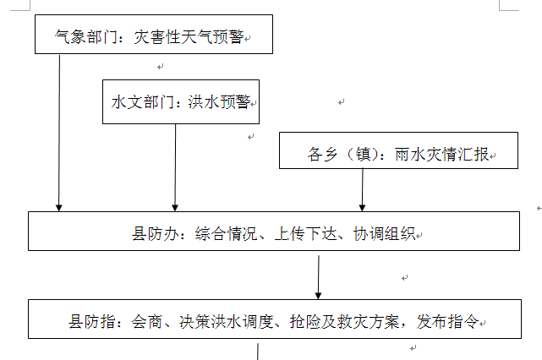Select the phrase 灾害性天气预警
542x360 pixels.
coord(189,36)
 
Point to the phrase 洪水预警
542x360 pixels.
coord(219,102)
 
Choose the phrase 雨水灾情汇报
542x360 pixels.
coord(441,154)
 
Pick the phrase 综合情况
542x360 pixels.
coord(226,234)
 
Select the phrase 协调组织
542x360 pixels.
coord(384,234)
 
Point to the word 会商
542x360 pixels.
coord(147,322)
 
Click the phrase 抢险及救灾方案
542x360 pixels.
coord(345,322)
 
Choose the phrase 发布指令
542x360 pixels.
coord(447,322)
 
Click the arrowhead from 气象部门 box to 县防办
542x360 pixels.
coord(58,208)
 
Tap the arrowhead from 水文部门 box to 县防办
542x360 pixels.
coord(175,208)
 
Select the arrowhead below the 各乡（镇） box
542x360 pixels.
coord(362,208)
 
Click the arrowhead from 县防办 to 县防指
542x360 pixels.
coord(319,296)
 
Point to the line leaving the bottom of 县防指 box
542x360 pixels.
coord(258,352)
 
